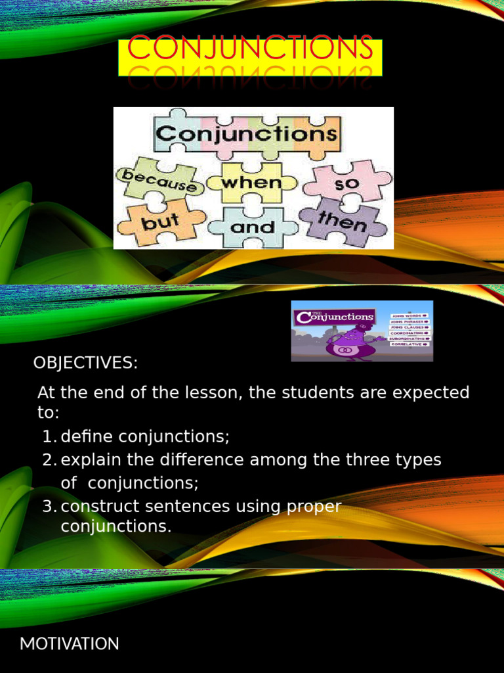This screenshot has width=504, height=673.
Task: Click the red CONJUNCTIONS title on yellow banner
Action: [x=250, y=50]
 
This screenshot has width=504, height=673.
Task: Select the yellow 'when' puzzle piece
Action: [x=251, y=182]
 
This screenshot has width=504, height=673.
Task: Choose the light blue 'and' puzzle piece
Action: [x=253, y=227]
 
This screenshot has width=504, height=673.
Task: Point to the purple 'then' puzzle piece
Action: [x=343, y=221]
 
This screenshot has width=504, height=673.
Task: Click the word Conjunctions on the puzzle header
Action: [x=247, y=135]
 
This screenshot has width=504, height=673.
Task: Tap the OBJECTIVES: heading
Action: [x=86, y=363]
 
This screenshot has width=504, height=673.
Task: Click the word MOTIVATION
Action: [x=70, y=644]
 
